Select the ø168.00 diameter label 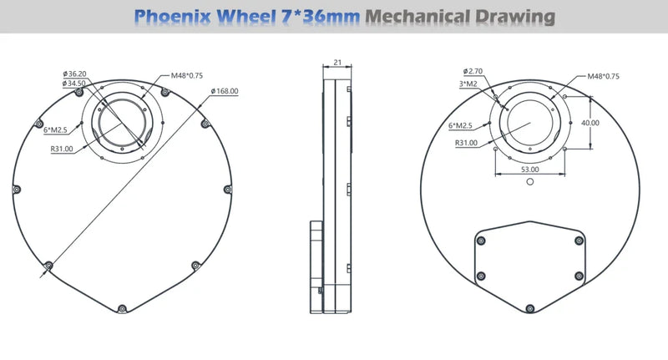(x=225, y=91)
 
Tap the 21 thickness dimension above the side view (x=338, y=63)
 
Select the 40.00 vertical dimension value (x=590, y=122)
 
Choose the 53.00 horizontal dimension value (x=530, y=169)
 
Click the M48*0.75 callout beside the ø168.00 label (x=186, y=76)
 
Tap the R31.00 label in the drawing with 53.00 (x=466, y=143)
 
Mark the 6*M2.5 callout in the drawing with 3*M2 (x=461, y=125)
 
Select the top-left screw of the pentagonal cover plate (x=480, y=241)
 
